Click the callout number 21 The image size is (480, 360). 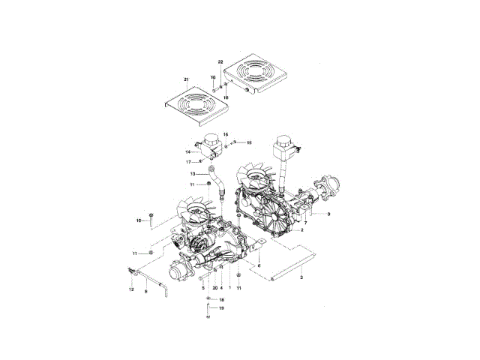[x=185, y=78]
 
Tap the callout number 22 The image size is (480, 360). [x=220, y=61]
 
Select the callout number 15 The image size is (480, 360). [x=249, y=142]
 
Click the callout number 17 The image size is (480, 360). [x=189, y=162]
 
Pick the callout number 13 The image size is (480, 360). [x=193, y=174]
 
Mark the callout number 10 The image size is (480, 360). [x=139, y=220]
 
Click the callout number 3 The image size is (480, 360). [x=301, y=277]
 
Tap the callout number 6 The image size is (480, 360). [x=259, y=265]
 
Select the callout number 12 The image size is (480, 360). [x=130, y=289]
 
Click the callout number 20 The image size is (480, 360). [x=214, y=288]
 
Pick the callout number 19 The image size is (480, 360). [x=221, y=307]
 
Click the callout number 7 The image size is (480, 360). [x=305, y=223]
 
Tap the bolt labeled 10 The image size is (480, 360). [x=151, y=219]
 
